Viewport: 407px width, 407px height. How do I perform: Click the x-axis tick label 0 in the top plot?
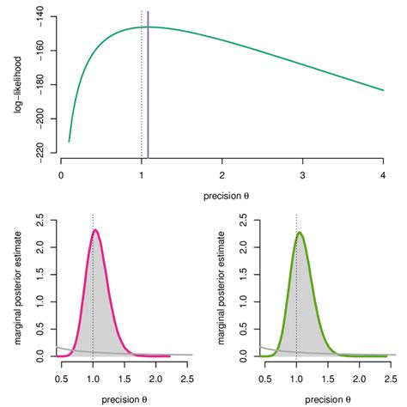click(61, 173)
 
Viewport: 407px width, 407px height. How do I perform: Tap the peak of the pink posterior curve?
click(96, 230)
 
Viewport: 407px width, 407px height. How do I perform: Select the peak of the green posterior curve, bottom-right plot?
click(299, 233)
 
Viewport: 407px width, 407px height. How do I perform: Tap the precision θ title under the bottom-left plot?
click(125, 398)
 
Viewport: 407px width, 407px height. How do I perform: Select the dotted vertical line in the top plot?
click(142, 86)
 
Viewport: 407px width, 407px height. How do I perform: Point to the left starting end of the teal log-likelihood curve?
click(70, 142)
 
